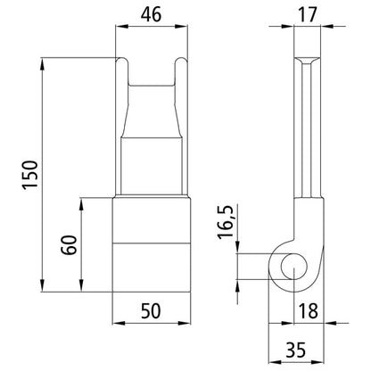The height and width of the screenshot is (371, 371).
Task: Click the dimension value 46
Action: [x=152, y=14]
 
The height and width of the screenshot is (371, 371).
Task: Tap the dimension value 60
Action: [x=65, y=244]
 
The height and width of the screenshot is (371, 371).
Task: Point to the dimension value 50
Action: [x=151, y=310]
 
